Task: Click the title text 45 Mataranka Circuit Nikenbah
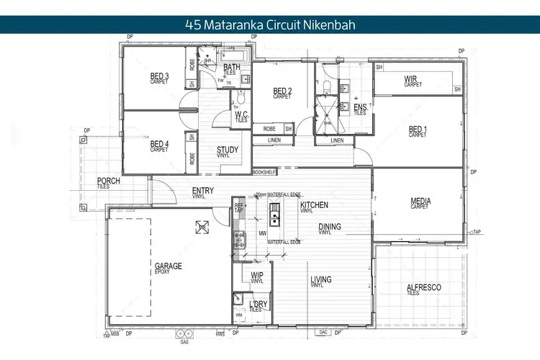coord(270,24)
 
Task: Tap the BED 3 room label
coord(159,76)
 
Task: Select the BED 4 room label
coord(159,144)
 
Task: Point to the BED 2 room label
coord(282,91)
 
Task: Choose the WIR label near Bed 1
coord(412,79)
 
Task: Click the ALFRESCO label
coord(423,288)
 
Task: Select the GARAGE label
coord(168,266)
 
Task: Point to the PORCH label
coord(108,181)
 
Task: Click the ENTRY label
coord(202,191)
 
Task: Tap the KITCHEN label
coord(314,205)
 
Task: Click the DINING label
coord(330,228)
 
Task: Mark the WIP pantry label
coord(256,276)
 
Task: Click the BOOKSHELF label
coord(264,172)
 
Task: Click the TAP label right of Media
coord(477,233)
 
